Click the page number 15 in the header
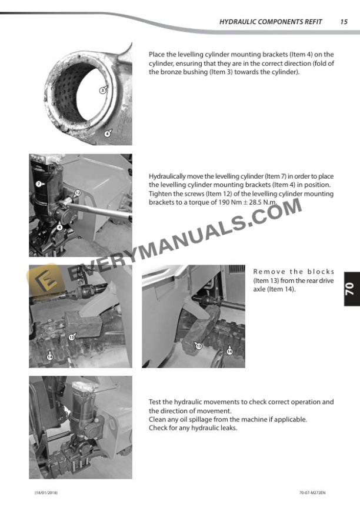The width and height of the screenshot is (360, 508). (344, 22)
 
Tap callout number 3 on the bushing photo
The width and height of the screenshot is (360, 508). (102, 91)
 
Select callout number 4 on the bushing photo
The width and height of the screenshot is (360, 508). (107, 133)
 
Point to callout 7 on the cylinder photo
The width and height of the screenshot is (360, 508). (39, 184)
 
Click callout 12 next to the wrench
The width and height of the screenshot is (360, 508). (78, 193)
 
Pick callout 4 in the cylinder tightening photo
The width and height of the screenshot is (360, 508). (59, 228)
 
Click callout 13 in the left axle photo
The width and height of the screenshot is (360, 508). (71, 337)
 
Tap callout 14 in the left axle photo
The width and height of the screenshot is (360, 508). (50, 357)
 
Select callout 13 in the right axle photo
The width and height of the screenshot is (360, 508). (199, 346)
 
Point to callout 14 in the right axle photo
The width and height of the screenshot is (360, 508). (229, 352)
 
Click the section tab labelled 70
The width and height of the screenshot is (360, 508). (352, 289)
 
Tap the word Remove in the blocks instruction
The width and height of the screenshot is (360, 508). (269, 272)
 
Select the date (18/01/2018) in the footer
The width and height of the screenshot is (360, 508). (46, 493)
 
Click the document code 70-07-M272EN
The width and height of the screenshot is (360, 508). (312, 493)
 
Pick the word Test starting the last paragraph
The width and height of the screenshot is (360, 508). (155, 402)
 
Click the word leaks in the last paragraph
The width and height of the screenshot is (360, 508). (228, 428)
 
